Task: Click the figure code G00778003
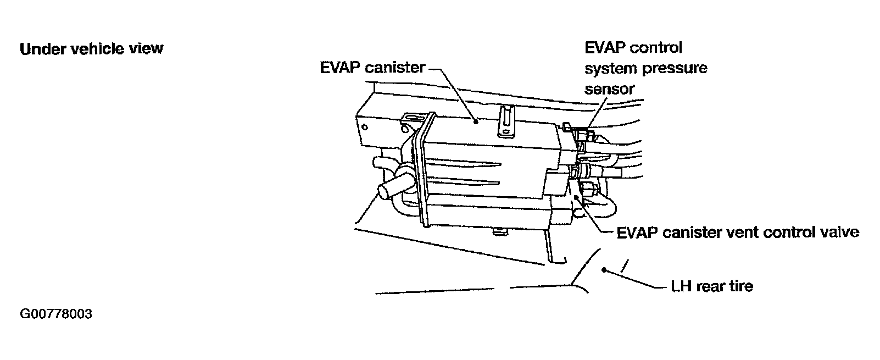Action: click(55, 315)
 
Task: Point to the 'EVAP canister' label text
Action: click(372, 68)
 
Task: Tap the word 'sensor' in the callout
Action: click(610, 88)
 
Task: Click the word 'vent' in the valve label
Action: click(745, 232)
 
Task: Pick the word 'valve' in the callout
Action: click(839, 232)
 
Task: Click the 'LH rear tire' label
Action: click(712, 286)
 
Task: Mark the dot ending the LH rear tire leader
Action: click(604, 269)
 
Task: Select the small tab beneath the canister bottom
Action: click(499, 232)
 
